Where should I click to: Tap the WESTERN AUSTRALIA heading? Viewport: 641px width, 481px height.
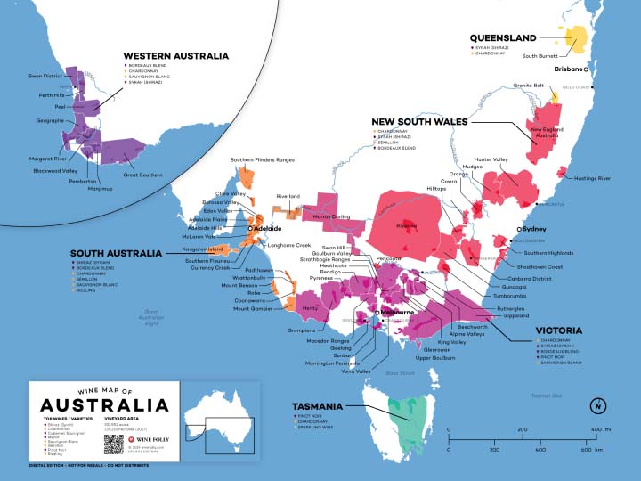click(x=176, y=56)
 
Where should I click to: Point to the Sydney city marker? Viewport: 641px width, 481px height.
click(x=518, y=229)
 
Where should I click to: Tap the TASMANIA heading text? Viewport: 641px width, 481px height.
click(x=318, y=406)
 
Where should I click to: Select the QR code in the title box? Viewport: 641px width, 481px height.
click(x=112, y=444)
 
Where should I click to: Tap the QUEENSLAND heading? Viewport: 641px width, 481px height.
click(x=503, y=38)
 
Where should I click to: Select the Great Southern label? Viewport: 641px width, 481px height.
click(x=142, y=175)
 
